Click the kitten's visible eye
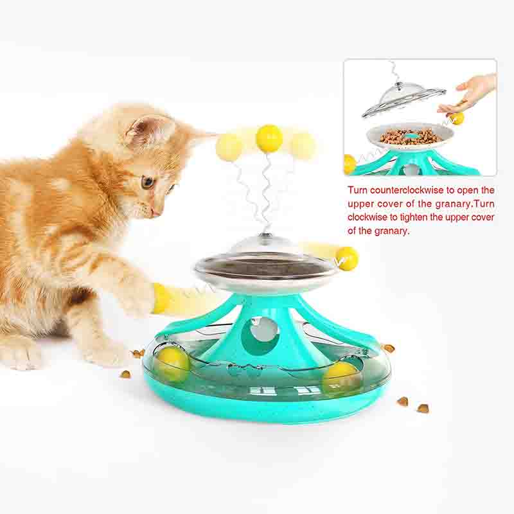tap(147, 182)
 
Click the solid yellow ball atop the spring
tap(269, 138)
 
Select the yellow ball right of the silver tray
tap(347, 258)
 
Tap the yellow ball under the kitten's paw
tap(161, 298)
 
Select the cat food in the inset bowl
tap(407, 136)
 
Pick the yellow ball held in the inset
tap(457, 118)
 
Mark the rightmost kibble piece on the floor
tap(423, 408)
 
